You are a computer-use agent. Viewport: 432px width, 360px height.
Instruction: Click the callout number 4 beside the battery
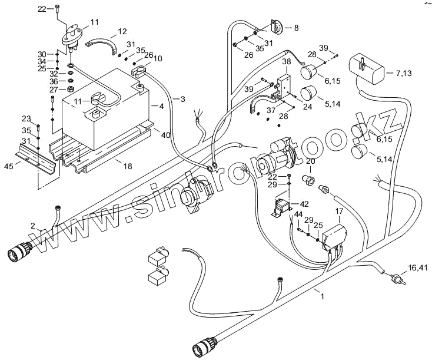(x=161, y=107)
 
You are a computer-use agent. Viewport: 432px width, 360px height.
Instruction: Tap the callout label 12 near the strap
(x=122, y=31)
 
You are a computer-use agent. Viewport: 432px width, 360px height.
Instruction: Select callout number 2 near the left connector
(x=34, y=224)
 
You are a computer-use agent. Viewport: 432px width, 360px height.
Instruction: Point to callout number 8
(x=295, y=27)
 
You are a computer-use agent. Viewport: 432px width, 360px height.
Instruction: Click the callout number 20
(x=310, y=161)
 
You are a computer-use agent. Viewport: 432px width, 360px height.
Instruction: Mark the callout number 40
(x=166, y=135)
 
